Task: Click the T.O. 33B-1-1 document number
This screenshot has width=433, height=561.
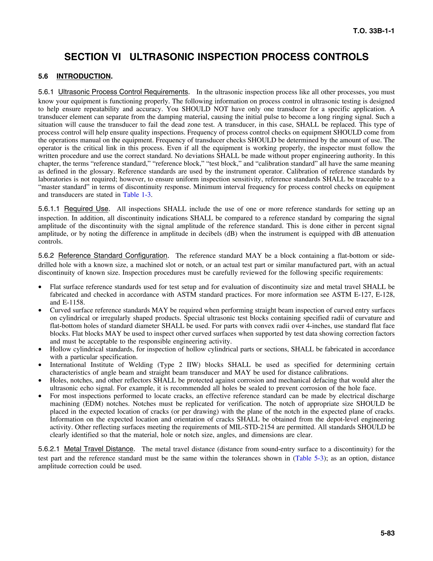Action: pos(374,31)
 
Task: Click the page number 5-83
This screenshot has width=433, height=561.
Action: pos(387,533)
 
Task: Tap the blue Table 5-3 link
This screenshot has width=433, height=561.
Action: pos(309,458)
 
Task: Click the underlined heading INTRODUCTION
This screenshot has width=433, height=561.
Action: pos(84,76)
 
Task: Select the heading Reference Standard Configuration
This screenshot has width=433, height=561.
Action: pos(113,256)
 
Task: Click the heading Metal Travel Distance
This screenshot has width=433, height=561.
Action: pos(99,449)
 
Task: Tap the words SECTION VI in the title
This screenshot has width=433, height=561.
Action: pos(92,57)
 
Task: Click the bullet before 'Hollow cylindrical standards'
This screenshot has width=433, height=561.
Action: pos(40,349)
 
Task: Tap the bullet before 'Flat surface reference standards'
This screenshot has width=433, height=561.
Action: pos(40,287)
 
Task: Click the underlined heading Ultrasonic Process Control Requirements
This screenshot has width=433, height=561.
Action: pos(123,92)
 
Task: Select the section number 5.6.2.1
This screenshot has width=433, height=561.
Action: pos(49,449)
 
